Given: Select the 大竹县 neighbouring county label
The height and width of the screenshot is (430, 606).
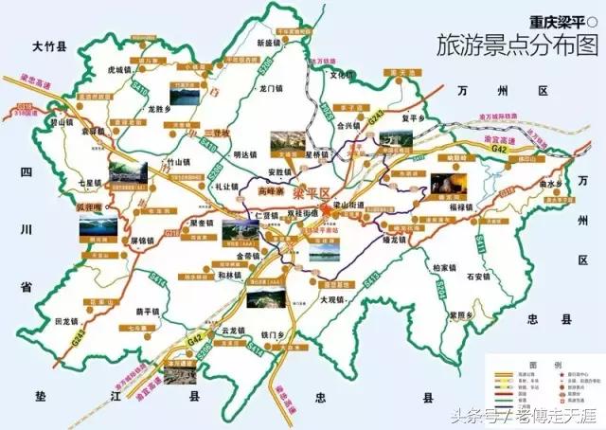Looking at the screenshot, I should click(48, 45).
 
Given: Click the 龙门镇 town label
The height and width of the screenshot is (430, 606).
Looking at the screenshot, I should click(272, 88).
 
